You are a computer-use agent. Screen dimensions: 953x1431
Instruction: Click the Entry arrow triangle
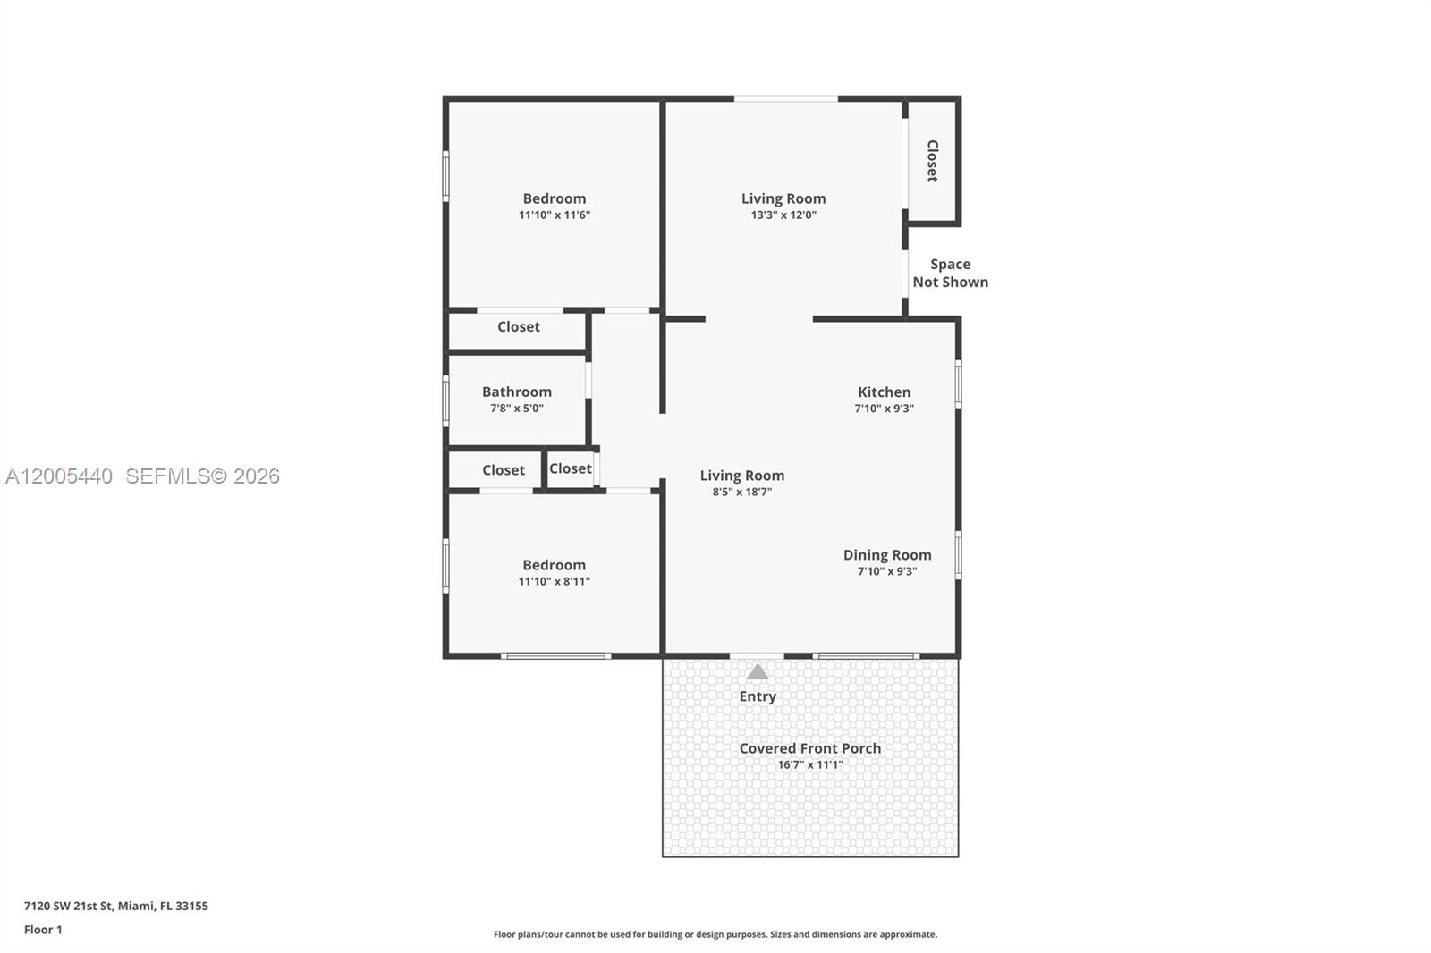pos(758,672)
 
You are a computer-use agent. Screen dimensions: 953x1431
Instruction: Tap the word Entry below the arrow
pos(758,696)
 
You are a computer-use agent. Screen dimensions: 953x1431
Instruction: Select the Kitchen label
pos(884,392)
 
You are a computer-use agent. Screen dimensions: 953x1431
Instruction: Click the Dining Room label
pos(887,555)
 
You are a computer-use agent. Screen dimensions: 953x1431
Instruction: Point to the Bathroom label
pos(517,392)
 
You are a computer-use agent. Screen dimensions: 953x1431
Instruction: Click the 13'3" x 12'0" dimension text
pos(783,215)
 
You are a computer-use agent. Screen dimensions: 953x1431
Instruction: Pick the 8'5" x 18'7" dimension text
pos(741,492)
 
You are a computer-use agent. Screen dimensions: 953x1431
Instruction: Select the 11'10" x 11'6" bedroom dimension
pos(555,215)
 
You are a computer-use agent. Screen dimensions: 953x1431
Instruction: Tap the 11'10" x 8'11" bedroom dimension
pos(555,582)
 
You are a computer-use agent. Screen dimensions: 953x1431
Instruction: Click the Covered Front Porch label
pos(810,748)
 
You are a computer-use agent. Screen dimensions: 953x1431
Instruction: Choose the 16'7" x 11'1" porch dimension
pos(810,765)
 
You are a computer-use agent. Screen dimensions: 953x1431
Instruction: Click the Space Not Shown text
pos(950,273)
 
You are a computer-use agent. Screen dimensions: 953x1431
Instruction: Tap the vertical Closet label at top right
pos(932,161)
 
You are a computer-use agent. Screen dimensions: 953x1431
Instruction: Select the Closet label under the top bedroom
pos(519,327)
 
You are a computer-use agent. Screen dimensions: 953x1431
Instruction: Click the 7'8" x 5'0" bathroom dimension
pos(517,409)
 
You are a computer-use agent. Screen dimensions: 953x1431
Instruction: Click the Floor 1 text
pos(43,930)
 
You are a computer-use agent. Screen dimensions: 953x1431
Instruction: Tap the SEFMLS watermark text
pos(202,476)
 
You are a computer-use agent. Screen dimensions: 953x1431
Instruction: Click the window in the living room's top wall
pos(786,98)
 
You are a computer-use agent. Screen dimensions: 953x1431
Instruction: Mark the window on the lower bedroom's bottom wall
pos(555,656)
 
